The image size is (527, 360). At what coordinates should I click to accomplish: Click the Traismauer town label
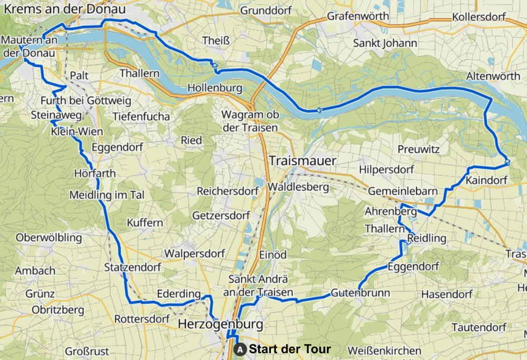point(302,161)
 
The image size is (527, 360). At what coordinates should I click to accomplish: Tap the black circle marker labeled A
point(240,349)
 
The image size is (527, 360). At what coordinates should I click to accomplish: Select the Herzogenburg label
point(220,323)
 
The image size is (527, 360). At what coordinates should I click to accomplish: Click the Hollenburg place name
point(214,87)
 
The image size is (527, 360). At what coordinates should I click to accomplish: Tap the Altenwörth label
point(493,76)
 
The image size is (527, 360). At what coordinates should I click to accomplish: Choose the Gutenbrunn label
point(360,293)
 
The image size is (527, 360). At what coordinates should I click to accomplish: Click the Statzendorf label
point(133,267)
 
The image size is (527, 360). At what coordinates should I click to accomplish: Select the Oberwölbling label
point(48,238)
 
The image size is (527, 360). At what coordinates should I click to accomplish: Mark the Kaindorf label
point(486,181)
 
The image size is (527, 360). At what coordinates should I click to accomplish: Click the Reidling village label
point(427,239)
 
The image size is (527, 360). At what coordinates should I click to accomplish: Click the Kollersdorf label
point(479,17)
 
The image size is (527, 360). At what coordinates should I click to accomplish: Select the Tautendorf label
point(479,327)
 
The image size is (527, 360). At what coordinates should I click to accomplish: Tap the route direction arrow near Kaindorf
point(506,161)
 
